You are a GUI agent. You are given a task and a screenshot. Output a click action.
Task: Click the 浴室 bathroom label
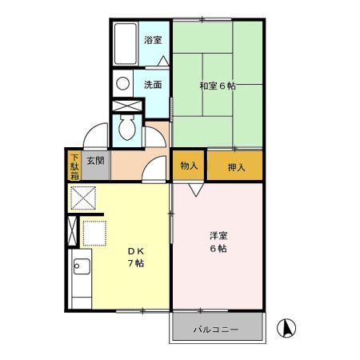coord(153,39)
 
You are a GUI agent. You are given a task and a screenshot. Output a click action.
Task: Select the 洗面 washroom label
coord(153,83)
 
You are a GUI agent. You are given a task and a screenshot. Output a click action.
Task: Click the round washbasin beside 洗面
coord(122,82)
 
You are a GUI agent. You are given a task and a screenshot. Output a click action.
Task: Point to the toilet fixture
coord(125,126)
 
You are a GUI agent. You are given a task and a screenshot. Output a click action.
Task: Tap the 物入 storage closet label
coord(189,166)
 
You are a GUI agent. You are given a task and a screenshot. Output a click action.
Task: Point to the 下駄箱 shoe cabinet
coord(74,166)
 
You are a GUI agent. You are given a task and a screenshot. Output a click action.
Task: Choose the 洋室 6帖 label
coord(218,242)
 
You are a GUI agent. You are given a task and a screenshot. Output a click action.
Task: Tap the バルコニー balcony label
coord(217,328)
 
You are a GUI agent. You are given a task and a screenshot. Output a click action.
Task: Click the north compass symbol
coord(286,327)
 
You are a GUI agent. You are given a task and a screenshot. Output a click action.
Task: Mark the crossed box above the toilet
coord(124,106)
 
